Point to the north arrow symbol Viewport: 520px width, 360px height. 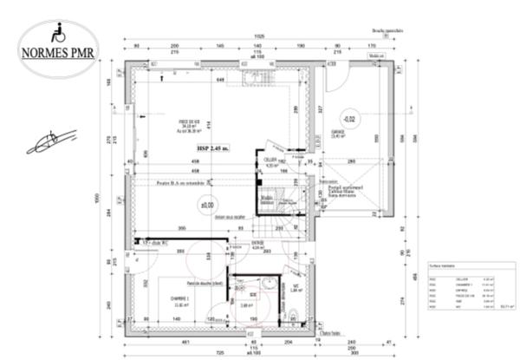(52, 141)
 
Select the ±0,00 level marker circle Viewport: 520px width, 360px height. (207, 206)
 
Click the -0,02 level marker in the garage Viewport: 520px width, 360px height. (349, 118)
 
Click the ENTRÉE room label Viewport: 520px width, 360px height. (257, 245)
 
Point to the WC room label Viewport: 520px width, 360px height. (294, 288)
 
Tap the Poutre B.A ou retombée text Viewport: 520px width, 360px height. (187, 182)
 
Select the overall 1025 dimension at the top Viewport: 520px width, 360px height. (259, 36)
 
